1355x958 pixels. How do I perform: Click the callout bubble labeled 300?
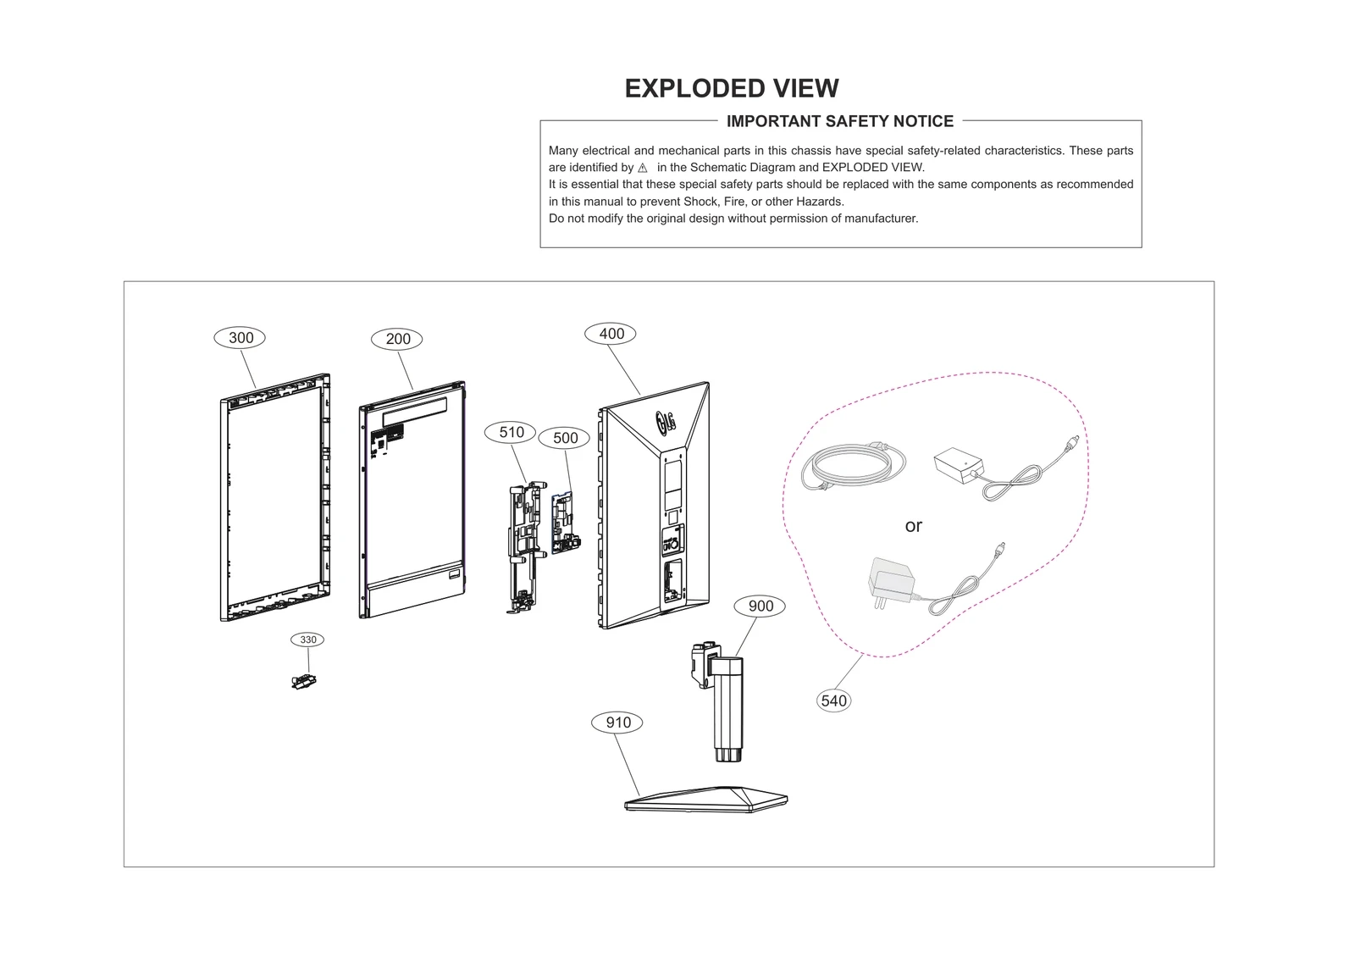tap(241, 338)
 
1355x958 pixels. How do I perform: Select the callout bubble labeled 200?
tap(397, 339)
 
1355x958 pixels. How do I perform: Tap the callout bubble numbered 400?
tap(611, 334)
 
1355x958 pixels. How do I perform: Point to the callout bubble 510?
tap(511, 432)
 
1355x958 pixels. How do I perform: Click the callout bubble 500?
tap(565, 438)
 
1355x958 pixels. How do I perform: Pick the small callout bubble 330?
tap(307, 640)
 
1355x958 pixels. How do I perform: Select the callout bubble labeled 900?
tap(760, 606)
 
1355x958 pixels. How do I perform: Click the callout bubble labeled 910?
tap(617, 723)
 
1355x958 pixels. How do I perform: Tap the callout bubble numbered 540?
tap(833, 701)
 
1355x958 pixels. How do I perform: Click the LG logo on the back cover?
tap(665, 420)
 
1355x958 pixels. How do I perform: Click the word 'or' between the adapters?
tap(913, 526)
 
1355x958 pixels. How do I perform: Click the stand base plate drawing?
tap(706, 799)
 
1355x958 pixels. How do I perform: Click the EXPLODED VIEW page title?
tap(731, 88)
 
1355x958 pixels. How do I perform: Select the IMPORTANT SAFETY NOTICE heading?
tap(839, 121)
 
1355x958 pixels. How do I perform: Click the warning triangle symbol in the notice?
tap(642, 168)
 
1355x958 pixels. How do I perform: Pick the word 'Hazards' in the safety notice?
tap(819, 202)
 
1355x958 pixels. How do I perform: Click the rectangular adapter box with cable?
tap(958, 465)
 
